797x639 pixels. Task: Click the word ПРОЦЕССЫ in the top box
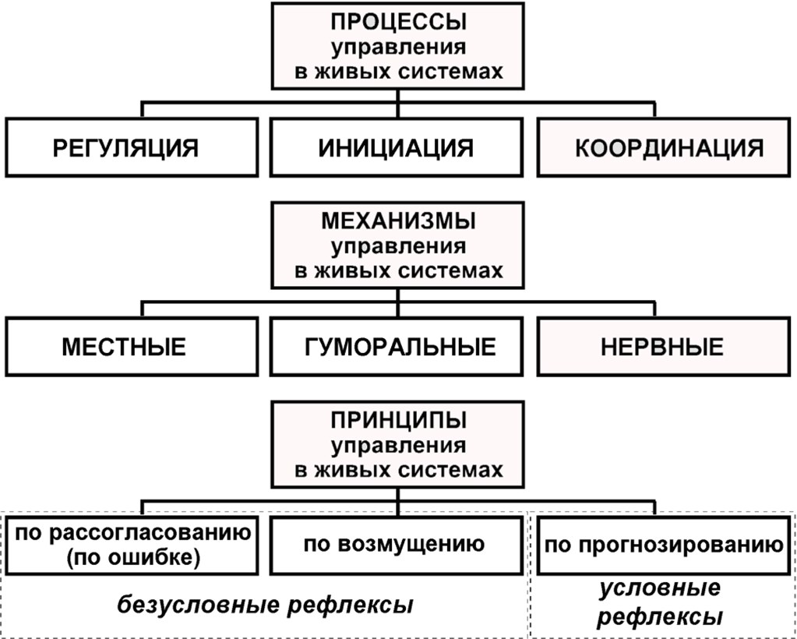pos(398,22)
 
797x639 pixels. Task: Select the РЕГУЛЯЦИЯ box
pos(132,147)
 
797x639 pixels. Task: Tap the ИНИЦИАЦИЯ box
pos(397,147)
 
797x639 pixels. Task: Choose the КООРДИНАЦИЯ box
pos(663,147)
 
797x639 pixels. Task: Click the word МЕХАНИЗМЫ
pos(399,221)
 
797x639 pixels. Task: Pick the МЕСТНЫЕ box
pos(132,347)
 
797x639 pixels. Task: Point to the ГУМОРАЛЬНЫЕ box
pos(397,347)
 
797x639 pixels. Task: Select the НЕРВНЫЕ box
pos(663,347)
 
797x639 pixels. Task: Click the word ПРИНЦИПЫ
pos(399,420)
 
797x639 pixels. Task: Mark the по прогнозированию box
pos(663,545)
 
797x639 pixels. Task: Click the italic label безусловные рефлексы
pos(265,605)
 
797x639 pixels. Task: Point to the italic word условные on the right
pos(660,588)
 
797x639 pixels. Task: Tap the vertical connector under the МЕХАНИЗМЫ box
pos(398,303)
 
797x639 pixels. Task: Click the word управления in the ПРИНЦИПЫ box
pos(399,445)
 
